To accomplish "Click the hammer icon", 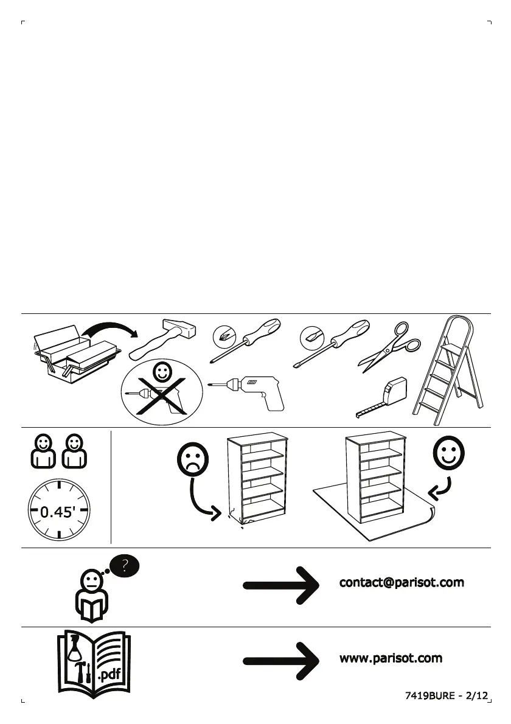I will [x=162, y=339].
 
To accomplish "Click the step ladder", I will [x=450, y=371].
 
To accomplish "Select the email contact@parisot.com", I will [x=401, y=583].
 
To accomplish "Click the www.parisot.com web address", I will [x=391, y=658].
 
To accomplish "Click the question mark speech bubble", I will [x=124, y=566].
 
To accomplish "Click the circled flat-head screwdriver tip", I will [x=310, y=336].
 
